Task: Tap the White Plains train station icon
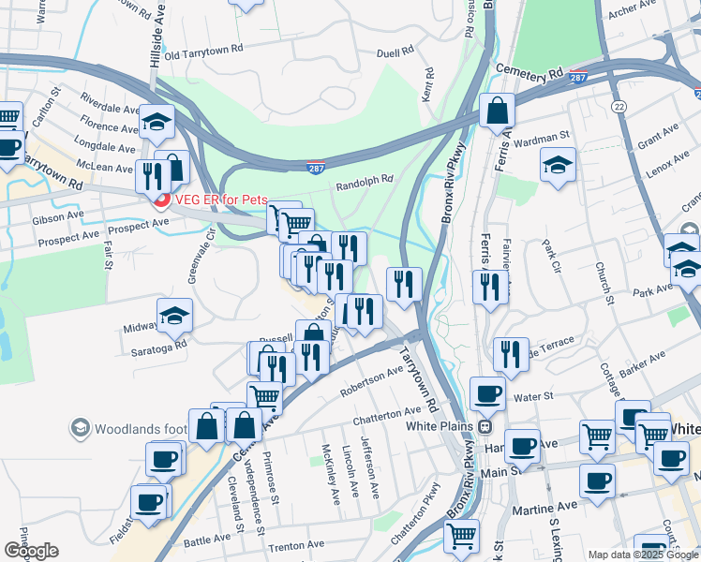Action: [485, 426]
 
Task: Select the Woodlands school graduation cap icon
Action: [80, 429]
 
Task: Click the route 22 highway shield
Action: [619, 109]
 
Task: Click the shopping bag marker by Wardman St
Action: [496, 111]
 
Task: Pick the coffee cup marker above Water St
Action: [486, 393]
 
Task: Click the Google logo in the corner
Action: [31, 551]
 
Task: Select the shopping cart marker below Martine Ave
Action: [460, 537]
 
